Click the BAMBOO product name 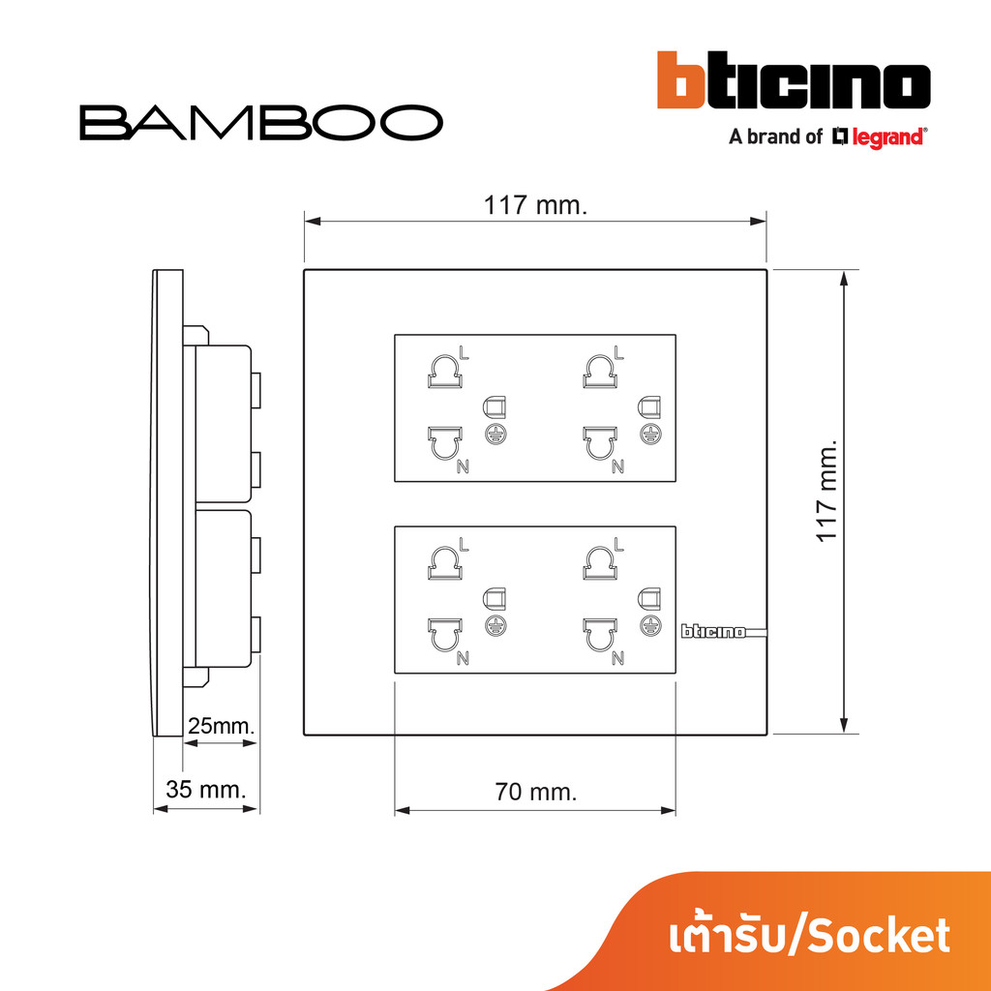point(261,123)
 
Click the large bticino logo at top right point(794,80)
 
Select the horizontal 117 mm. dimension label point(535,205)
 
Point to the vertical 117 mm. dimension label point(826,491)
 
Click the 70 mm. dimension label point(536,792)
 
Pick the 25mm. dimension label point(222,726)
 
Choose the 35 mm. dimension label point(205,789)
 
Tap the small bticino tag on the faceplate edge point(713,631)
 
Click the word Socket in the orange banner point(881,936)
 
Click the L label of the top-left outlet point(465,353)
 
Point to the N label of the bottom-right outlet point(617,658)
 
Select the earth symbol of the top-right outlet point(649,434)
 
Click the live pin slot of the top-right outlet point(600,372)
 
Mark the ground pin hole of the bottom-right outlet point(649,598)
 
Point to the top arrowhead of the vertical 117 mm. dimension point(843,279)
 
